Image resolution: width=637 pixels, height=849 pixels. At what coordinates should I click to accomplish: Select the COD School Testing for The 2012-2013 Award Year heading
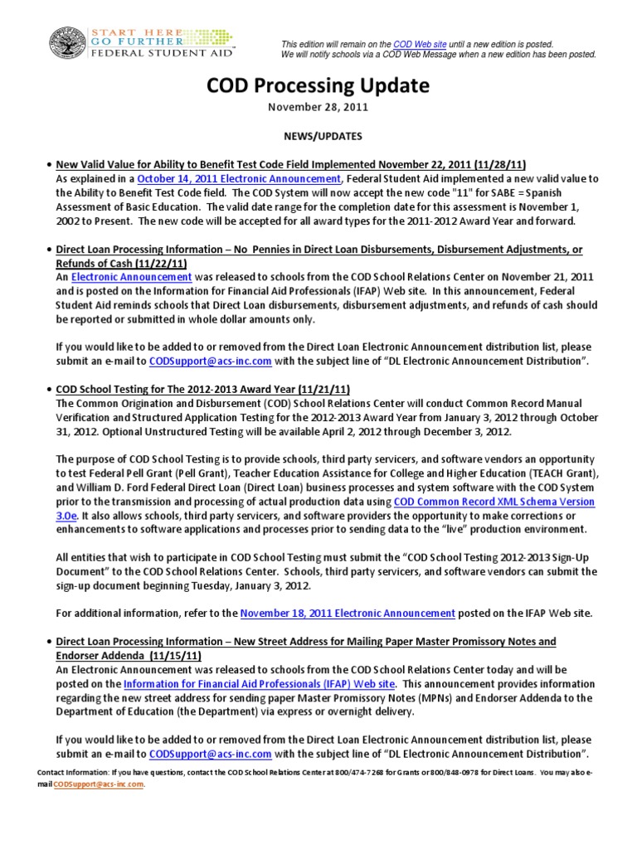click(193, 387)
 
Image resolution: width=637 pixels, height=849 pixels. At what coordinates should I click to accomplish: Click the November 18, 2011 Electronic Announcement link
click(348, 613)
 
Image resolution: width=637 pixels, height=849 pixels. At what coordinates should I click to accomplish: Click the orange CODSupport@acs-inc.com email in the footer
click(98, 784)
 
